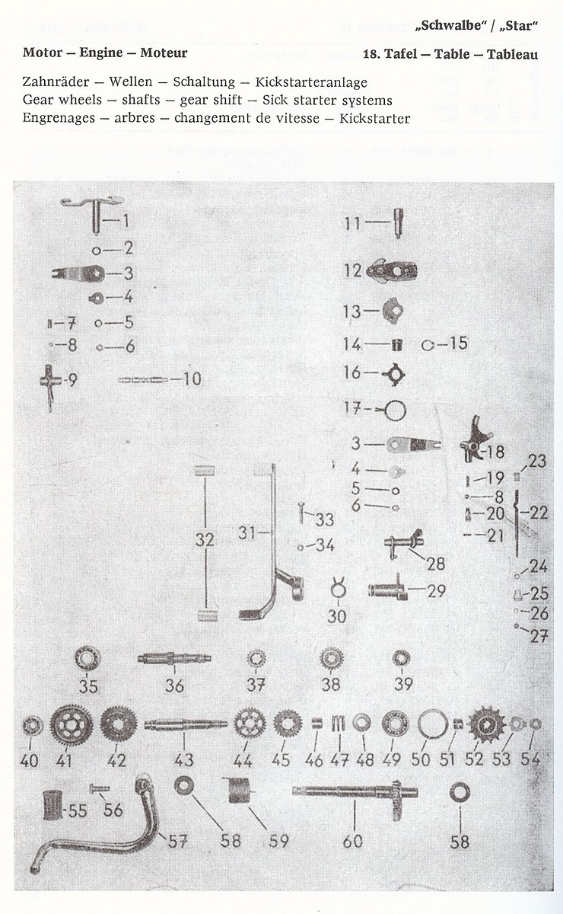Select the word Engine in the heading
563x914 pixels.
click(100, 53)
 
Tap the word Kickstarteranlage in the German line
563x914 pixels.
click(311, 82)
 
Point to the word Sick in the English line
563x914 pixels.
click(276, 100)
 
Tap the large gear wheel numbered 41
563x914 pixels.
click(71, 725)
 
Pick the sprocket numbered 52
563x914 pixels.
click(485, 724)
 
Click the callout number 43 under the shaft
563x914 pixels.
click(184, 759)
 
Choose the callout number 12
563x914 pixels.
click(352, 270)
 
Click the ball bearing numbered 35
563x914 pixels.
click(87, 658)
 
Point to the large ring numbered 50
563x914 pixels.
click(432, 724)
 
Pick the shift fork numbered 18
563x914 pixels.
click(473, 441)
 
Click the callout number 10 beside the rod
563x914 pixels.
click(191, 379)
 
